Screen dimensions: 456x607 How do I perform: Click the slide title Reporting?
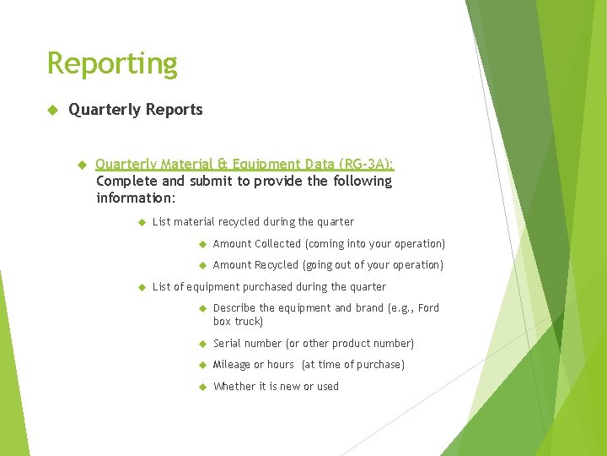tap(112, 63)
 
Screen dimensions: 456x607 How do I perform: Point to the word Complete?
tap(126, 181)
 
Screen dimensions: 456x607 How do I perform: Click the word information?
tap(136, 198)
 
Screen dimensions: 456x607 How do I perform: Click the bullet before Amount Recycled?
tap(202, 265)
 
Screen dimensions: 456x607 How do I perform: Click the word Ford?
tap(428, 308)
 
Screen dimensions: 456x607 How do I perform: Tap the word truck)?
tap(249, 322)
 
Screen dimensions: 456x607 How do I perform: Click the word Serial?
tap(228, 344)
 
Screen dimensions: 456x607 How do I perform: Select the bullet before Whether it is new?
tap(202, 387)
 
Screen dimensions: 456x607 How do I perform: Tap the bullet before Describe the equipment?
tap(202, 308)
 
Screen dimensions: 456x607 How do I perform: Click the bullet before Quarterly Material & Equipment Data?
tap(83, 164)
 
